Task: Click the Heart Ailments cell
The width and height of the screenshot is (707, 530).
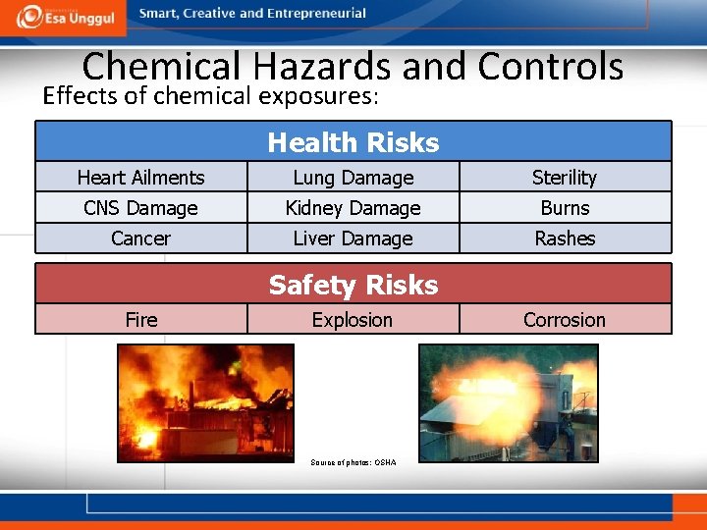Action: (x=140, y=178)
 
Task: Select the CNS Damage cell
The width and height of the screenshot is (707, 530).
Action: (x=140, y=208)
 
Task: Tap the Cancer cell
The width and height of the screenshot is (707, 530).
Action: (x=140, y=238)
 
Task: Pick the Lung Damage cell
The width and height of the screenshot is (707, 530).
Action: (x=353, y=178)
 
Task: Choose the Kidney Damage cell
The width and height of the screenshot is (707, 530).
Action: (x=353, y=208)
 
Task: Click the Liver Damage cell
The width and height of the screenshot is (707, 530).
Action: (x=353, y=238)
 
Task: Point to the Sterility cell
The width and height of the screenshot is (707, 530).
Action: (x=565, y=178)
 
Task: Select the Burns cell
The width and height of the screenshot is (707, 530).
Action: (x=565, y=208)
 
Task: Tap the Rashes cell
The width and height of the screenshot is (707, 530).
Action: (x=565, y=238)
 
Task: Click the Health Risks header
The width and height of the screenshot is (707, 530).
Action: (x=353, y=142)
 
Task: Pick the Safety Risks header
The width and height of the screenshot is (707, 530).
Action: (x=353, y=285)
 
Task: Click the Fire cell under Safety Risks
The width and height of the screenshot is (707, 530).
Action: (x=140, y=320)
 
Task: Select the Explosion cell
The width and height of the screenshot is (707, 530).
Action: (x=353, y=320)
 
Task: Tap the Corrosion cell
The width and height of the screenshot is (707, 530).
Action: (x=565, y=320)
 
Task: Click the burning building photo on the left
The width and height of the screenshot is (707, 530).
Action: (x=205, y=401)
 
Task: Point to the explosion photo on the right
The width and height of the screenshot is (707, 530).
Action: (x=508, y=401)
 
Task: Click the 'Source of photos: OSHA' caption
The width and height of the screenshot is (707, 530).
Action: (x=353, y=462)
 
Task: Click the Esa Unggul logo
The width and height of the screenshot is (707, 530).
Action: (x=63, y=18)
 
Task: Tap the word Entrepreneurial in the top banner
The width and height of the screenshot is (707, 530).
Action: (x=314, y=14)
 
